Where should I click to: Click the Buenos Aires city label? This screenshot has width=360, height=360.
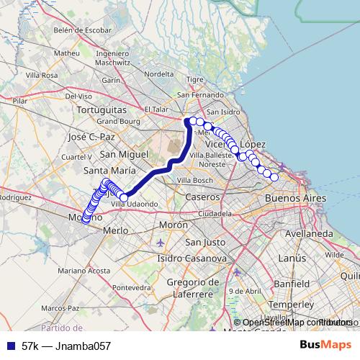coord(295,198)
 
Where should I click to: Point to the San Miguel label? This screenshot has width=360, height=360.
coord(123,154)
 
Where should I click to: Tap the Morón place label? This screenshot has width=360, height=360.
coord(173,225)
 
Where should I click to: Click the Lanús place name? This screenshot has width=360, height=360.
coord(292,258)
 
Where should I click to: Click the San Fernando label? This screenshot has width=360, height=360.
coord(199,95)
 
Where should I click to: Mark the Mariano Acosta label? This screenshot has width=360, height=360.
coord(84,271)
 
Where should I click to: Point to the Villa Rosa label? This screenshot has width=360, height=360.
coord(41,75)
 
